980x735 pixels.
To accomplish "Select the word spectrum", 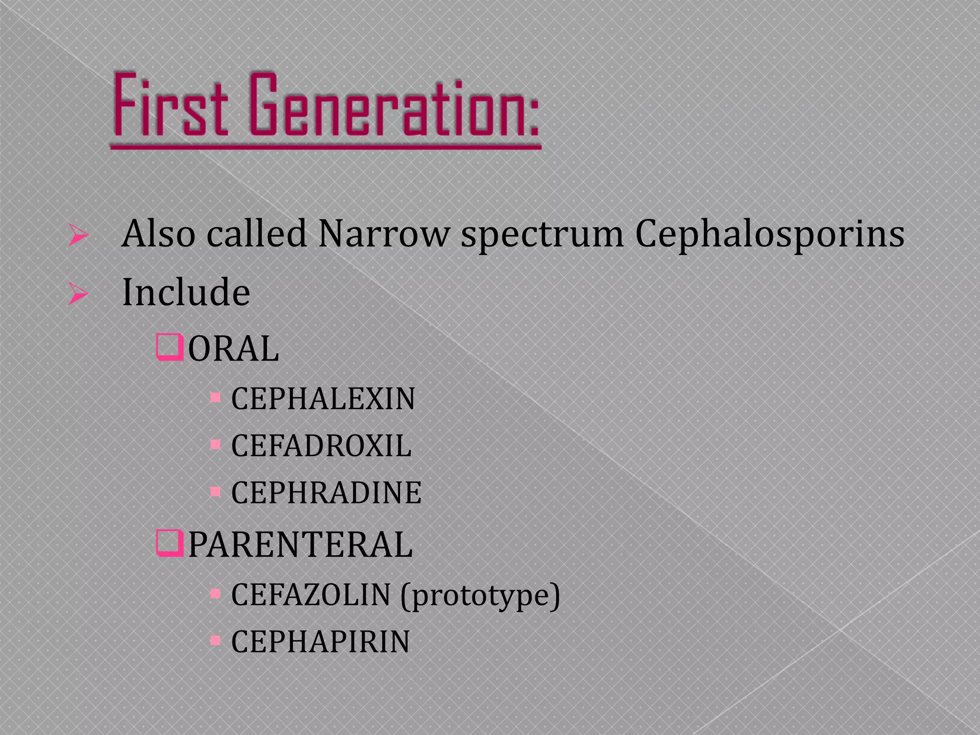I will [542, 234].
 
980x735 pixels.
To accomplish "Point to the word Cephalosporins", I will [769, 234].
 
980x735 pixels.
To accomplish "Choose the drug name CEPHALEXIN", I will [323, 399].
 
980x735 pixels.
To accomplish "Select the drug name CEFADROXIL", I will [321, 446].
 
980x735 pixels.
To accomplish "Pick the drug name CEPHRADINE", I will [326, 493].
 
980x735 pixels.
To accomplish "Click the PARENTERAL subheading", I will [300, 545].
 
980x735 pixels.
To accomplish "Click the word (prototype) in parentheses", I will [480, 596].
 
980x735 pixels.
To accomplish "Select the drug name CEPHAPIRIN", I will [321, 642].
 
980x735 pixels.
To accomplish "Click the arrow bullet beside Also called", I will [78, 235].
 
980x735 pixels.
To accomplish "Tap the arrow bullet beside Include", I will [78, 293].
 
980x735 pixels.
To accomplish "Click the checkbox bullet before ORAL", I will [170, 348].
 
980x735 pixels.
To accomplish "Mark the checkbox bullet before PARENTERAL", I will [170, 543].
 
